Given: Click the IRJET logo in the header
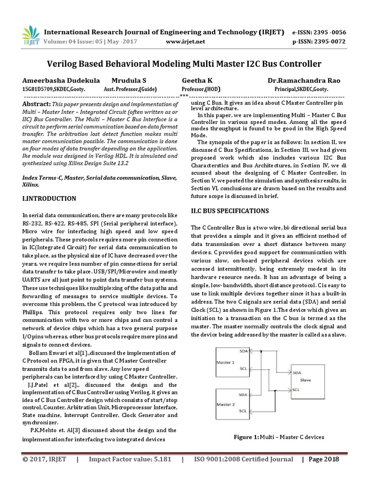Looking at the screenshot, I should point(31,36).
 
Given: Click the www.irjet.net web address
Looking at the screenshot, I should point(185,42).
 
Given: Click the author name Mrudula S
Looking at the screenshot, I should point(129,81).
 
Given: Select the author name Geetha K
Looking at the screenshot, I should point(197,81).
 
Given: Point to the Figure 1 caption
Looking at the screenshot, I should point(279,437).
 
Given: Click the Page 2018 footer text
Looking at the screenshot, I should point(323,459).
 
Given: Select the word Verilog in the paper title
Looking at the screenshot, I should point(64,64).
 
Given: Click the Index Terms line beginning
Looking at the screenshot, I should point(40,177).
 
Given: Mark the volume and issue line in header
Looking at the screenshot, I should point(91,42).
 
